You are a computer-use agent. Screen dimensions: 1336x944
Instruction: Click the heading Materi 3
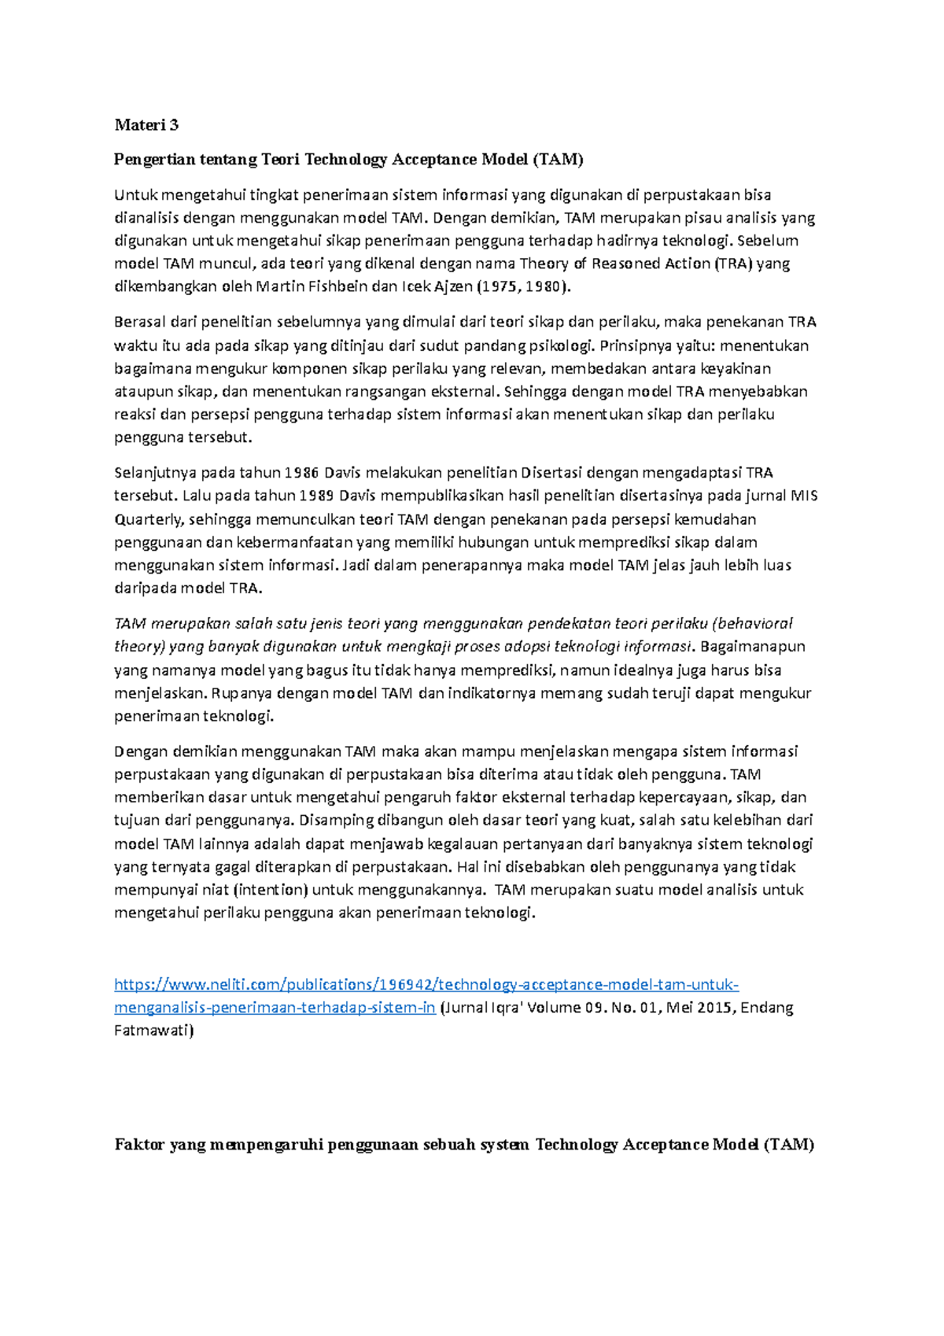coord(146,124)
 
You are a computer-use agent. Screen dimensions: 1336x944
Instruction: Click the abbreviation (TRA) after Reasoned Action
coord(732,264)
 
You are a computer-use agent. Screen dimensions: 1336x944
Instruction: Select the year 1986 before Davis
coord(301,473)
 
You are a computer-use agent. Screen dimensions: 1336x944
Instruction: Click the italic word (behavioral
coord(751,624)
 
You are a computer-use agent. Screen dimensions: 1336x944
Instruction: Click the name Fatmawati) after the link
coord(153,1031)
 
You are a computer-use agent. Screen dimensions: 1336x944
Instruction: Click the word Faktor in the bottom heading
coord(138,1145)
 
